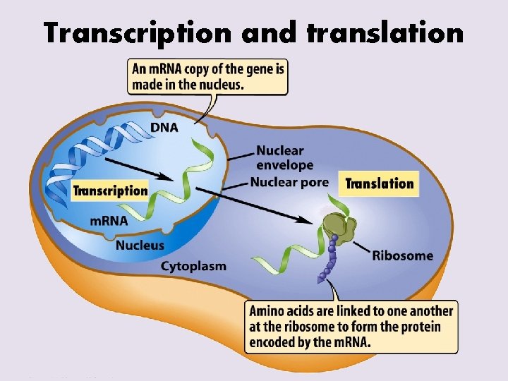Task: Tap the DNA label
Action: pyautogui.click(x=164, y=128)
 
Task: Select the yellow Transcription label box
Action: pyautogui.click(x=110, y=190)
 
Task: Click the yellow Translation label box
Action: pyautogui.click(x=380, y=183)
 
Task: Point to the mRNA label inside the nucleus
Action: pyautogui.click(x=109, y=220)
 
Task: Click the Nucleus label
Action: pyautogui.click(x=140, y=246)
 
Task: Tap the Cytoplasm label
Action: pyautogui.click(x=193, y=266)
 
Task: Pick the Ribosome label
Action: pyautogui.click(x=402, y=255)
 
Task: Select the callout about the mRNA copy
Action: pyautogui.click(x=207, y=76)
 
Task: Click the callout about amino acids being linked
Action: pyautogui.click(x=351, y=326)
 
